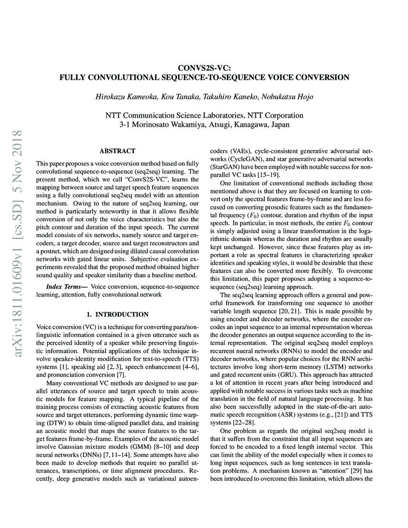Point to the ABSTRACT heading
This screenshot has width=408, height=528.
point(117,151)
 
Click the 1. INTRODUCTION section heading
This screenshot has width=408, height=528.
point(117,314)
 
